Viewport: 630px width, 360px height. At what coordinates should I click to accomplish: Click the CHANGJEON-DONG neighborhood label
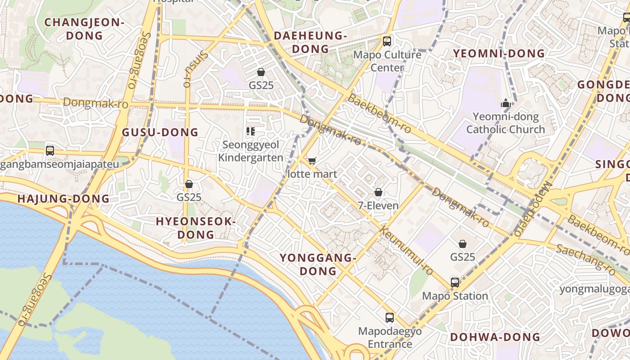pos(84,29)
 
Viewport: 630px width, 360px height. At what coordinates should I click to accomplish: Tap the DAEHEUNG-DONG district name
pos(310,42)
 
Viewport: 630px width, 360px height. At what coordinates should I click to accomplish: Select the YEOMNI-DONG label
pos(499,54)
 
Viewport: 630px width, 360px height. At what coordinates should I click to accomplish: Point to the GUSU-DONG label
pos(160,132)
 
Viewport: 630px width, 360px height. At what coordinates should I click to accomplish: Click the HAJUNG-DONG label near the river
pos(63,198)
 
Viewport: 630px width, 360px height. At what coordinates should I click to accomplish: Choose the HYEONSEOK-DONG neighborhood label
pos(196,228)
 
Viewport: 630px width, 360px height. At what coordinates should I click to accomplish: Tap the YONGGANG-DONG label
pos(318,264)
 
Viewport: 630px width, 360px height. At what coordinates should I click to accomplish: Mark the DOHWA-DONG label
pos(495,337)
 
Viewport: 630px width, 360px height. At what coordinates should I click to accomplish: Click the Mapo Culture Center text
pos(387,61)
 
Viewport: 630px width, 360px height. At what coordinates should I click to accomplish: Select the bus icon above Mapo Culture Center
pos(387,41)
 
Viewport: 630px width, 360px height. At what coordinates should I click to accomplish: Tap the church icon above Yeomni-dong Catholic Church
pos(506,103)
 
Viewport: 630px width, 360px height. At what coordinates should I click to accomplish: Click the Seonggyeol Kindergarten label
pos(251,151)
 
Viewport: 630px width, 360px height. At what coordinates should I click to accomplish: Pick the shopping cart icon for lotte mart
pos(312,161)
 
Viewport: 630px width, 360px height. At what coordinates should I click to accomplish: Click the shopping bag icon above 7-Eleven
pos(378,192)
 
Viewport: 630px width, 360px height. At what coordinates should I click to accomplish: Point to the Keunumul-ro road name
pos(407,251)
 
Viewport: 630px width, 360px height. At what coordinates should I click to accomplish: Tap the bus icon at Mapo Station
pos(455,283)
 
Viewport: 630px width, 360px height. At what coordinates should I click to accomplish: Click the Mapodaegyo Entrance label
pos(390,338)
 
